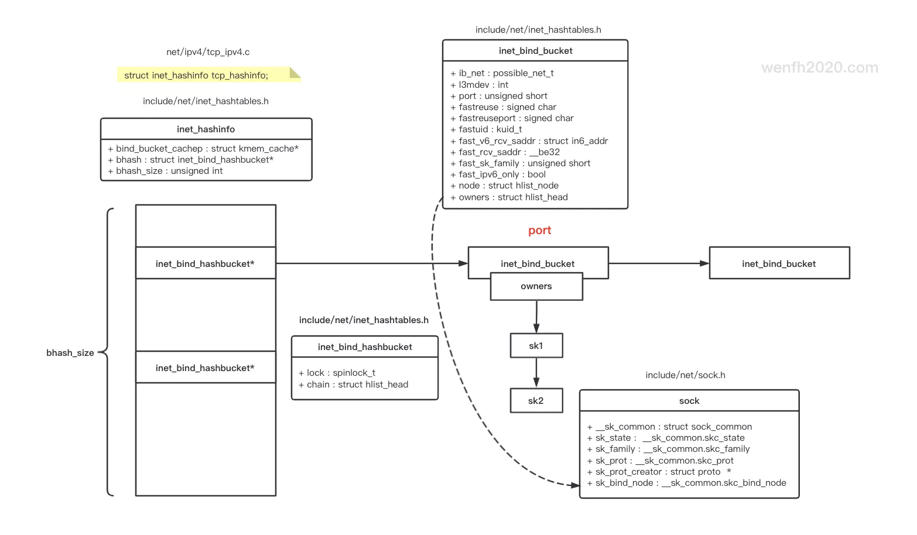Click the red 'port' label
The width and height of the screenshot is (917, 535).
(x=539, y=231)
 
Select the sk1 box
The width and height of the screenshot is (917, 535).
(x=536, y=346)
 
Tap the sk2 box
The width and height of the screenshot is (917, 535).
(x=536, y=401)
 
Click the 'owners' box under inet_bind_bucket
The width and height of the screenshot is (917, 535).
(x=536, y=287)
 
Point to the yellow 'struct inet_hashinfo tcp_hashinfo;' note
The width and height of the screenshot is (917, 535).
(x=196, y=76)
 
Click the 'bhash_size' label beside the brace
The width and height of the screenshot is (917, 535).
(x=70, y=353)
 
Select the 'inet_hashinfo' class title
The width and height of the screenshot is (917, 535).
(x=206, y=129)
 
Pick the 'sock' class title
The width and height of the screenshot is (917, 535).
(x=689, y=401)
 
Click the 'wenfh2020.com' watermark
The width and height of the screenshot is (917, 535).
(x=819, y=68)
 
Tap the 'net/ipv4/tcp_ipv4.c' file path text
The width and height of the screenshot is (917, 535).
(x=208, y=52)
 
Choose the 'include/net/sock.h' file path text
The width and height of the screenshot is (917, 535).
(x=685, y=375)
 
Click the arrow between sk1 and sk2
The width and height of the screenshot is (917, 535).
(x=536, y=373)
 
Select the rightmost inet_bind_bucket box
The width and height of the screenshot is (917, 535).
(x=779, y=264)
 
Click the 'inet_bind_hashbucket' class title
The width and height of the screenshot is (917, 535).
(x=365, y=347)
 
